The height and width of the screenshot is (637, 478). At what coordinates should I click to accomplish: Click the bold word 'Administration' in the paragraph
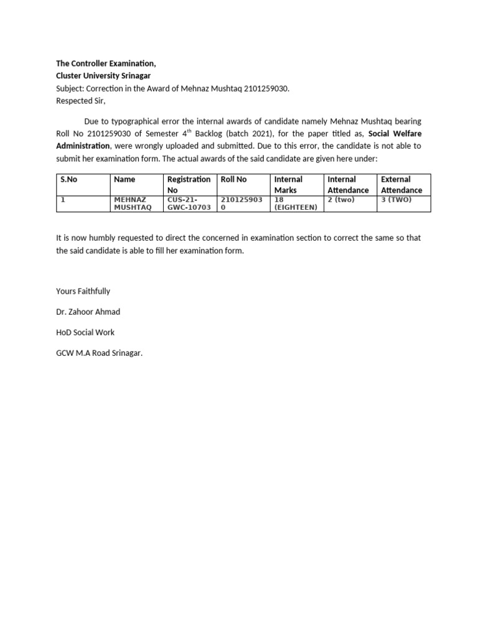(x=83, y=146)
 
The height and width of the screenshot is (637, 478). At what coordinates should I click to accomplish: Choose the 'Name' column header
(x=124, y=179)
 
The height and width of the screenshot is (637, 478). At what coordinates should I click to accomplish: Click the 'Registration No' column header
(x=189, y=184)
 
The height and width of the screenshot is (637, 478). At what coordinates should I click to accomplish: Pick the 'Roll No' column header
(x=233, y=179)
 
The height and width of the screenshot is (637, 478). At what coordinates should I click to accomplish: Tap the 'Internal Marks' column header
(x=288, y=184)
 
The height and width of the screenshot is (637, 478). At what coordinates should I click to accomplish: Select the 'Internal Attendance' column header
(x=348, y=184)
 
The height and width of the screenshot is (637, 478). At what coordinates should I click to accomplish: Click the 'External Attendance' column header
(x=401, y=184)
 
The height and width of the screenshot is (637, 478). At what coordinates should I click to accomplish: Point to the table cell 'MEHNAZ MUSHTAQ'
(x=129, y=203)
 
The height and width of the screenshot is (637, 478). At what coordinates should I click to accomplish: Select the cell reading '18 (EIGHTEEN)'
(x=296, y=203)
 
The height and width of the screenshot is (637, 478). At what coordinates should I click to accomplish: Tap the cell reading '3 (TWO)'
(x=396, y=200)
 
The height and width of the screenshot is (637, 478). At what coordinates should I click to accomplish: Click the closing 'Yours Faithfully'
(x=83, y=291)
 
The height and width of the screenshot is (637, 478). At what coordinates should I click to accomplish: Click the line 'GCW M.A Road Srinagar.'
(x=99, y=353)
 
